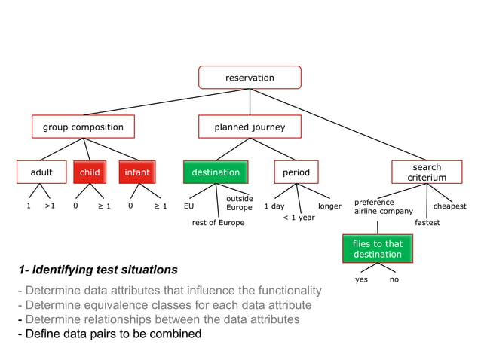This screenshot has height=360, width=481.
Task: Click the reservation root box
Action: [x=250, y=78]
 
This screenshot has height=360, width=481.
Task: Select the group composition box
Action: [x=83, y=127]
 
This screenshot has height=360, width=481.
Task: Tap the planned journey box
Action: [x=250, y=127]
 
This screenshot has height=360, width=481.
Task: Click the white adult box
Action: [x=41, y=172]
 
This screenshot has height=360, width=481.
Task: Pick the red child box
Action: [x=90, y=172]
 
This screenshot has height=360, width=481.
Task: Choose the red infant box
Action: [x=137, y=172]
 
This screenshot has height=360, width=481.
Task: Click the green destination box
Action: [x=216, y=172]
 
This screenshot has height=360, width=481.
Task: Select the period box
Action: [x=296, y=172]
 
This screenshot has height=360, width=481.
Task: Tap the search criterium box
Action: [x=427, y=172]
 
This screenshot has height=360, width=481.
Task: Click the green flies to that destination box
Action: [x=378, y=249]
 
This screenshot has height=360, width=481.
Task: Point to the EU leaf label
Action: [x=189, y=206]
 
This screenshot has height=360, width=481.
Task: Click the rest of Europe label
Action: [x=218, y=223]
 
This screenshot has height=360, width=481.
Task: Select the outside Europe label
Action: [x=239, y=203]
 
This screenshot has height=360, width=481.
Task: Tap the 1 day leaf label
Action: [x=274, y=206]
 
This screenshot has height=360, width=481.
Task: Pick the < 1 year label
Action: [x=299, y=218]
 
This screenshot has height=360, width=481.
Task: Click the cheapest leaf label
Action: [x=449, y=206]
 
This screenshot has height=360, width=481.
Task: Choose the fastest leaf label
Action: [x=427, y=223]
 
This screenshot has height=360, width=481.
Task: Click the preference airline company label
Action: [x=383, y=207]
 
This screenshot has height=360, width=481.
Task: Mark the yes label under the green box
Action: [x=361, y=279]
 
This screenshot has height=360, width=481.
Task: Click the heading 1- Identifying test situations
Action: [x=99, y=270]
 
